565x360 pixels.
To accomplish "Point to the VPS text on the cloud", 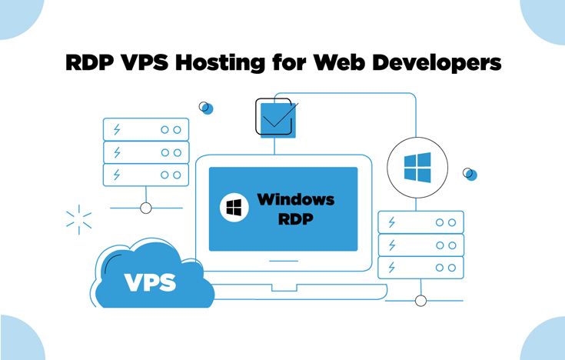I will click(x=150, y=281).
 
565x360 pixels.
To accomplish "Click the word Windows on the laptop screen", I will click(x=296, y=200).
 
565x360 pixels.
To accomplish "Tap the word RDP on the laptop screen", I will click(x=296, y=219).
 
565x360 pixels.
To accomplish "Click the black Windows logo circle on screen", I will click(x=234, y=208).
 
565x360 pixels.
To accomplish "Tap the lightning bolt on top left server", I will click(x=117, y=129).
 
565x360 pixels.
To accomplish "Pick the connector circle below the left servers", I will click(x=146, y=208).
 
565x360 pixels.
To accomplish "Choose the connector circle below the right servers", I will click(x=420, y=301).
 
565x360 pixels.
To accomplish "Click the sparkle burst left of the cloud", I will click(x=79, y=219).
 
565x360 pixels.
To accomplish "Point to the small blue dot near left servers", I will click(x=205, y=108).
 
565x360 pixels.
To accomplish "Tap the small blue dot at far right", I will click(x=470, y=175).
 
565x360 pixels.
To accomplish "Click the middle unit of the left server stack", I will click(x=145, y=152).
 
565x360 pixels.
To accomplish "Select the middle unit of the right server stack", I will click(x=420, y=245).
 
